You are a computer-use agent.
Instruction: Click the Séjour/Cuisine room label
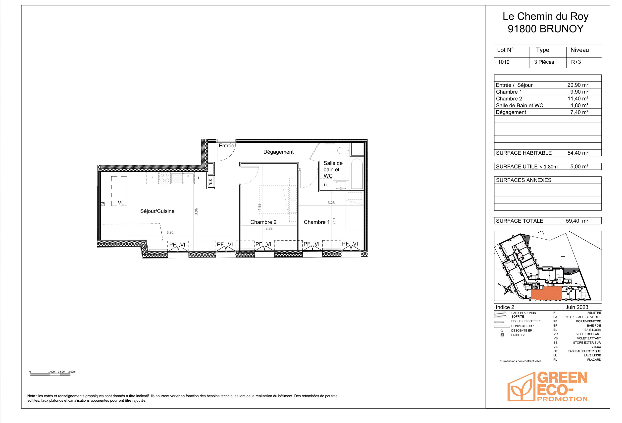tap(157, 211)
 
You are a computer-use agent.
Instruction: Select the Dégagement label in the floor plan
tap(278, 152)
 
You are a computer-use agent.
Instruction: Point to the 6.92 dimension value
tap(170, 233)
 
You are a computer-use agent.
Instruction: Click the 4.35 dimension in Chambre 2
tap(259, 207)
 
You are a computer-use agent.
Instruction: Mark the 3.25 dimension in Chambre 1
tap(331, 203)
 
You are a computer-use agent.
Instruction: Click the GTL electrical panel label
tap(210, 182)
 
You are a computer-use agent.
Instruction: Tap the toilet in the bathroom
tap(343, 151)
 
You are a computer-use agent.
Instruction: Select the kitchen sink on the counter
tap(188, 178)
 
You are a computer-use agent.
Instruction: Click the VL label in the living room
tap(121, 203)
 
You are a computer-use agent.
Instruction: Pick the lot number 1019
tap(504, 62)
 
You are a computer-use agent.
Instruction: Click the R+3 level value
tap(576, 62)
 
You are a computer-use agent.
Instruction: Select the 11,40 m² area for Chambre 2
tap(578, 99)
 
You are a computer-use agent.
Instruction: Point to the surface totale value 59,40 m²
tap(577, 221)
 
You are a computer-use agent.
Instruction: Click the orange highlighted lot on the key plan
tap(546, 293)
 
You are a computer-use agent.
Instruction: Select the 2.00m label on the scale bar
tap(72, 372)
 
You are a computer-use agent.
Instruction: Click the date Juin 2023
tap(577, 307)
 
